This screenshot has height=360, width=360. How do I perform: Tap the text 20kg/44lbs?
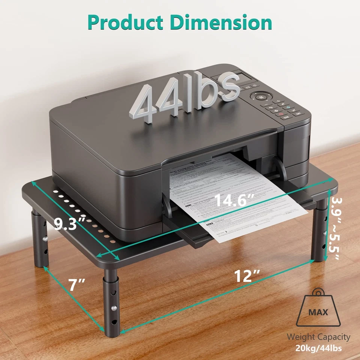pyautogui.click(x=318, y=348)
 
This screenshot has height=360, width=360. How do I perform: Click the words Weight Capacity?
pyautogui.click(x=318, y=337)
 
